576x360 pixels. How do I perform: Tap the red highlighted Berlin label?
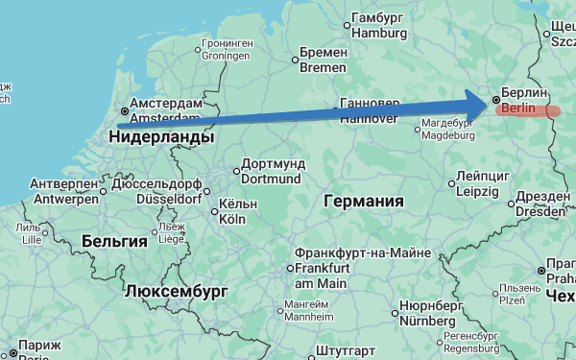point(527,110)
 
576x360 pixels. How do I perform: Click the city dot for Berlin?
point(495,99)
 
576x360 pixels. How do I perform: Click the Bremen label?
point(323,60)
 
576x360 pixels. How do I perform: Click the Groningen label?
point(227,50)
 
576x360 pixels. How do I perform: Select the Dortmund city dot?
point(236,172)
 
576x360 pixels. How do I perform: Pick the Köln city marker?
point(212,211)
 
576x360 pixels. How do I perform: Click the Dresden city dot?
point(510,204)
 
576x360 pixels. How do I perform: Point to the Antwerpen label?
point(63,191)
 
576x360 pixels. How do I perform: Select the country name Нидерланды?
point(161,138)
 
